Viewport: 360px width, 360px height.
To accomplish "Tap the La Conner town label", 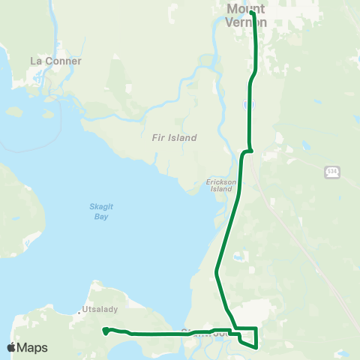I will coord(55,61).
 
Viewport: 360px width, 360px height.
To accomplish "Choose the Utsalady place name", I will coord(99,309).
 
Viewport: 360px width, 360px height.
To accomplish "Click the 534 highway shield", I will coord(332,172).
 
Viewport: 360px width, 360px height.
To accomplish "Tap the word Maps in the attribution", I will coord(33,347).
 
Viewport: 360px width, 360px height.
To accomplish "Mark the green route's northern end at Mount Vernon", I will coord(252,13).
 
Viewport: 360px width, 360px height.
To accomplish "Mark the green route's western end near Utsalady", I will coord(105,330).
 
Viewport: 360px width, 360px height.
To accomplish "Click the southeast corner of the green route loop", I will coord(256,346).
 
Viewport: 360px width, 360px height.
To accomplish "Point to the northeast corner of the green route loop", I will coord(256,328).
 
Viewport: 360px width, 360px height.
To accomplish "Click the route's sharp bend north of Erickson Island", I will coord(244,152).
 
